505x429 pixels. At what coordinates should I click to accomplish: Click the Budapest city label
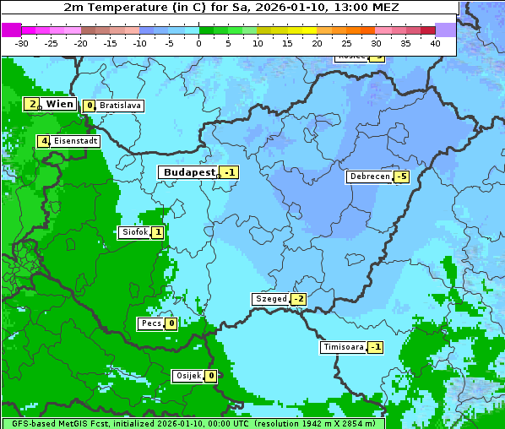(x=190, y=172)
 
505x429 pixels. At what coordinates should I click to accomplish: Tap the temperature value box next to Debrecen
(x=402, y=177)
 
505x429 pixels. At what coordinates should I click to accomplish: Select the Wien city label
(x=59, y=104)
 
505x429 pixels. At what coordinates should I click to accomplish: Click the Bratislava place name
(x=119, y=106)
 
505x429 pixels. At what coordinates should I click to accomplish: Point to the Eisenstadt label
(x=75, y=141)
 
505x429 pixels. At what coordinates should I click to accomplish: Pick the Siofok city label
(x=135, y=232)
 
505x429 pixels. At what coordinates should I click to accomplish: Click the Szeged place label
(x=271, y=299)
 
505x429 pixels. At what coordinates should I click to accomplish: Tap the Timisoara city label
(x=343, y=347)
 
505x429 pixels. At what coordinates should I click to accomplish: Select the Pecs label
(x=151, y=323)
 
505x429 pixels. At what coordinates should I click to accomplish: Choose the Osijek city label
(x=188, y=376)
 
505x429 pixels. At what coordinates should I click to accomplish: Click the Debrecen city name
(x=369, y=177)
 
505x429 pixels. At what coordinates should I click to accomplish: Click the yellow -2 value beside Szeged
(x=299, y=299)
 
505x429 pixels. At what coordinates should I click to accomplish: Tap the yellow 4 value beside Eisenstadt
(x=43, y=141)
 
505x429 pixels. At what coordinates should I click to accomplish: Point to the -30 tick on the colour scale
(x=22, y=42)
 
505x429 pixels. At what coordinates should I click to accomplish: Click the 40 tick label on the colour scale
(x=435, y=42)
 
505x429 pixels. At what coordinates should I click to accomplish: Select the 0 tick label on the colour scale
(x=198, y=42)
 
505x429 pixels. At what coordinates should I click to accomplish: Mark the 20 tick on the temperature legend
(x=317, y=42)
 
